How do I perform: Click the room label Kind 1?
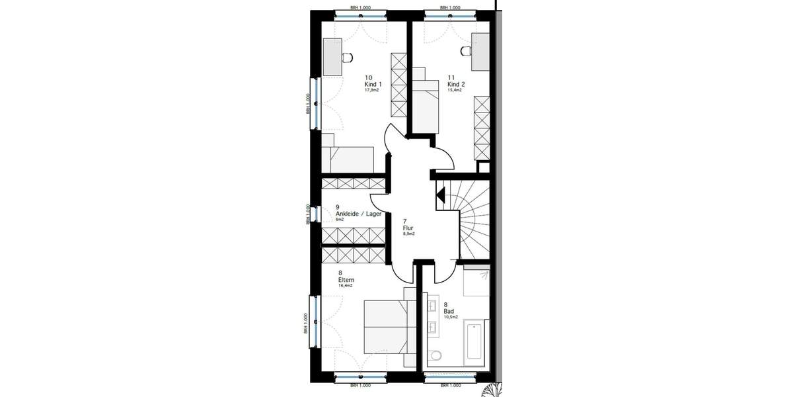click(x=373, y=85)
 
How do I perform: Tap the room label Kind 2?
click(x=456, y=85)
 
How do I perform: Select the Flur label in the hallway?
click(x=408, y=227)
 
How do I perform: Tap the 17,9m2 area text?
click(x=372, y=91)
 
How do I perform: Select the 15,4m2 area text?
click(x=455, y=91)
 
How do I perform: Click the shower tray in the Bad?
click(x=476, y=281)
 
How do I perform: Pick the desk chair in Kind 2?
click(x=465, y=51)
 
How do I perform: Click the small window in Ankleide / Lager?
click(x=314, y=214)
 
